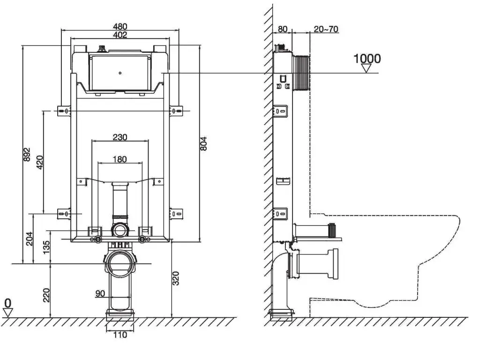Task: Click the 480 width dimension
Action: [120, 27]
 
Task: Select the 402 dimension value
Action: [120, 35]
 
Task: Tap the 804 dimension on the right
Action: [203, 143]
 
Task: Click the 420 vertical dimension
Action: [40, 162]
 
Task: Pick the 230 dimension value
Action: [120, 137]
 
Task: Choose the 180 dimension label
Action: [120, 159]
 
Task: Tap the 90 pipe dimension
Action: [100, 294]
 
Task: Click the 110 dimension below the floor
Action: [120, 335]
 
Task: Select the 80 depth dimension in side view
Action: [283, 29]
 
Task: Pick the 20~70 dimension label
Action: [326, 29]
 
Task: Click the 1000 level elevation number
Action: [367, 59]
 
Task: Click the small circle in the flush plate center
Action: [120, 73]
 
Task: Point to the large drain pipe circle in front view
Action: [120, 263]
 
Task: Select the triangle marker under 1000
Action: [367, 68]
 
